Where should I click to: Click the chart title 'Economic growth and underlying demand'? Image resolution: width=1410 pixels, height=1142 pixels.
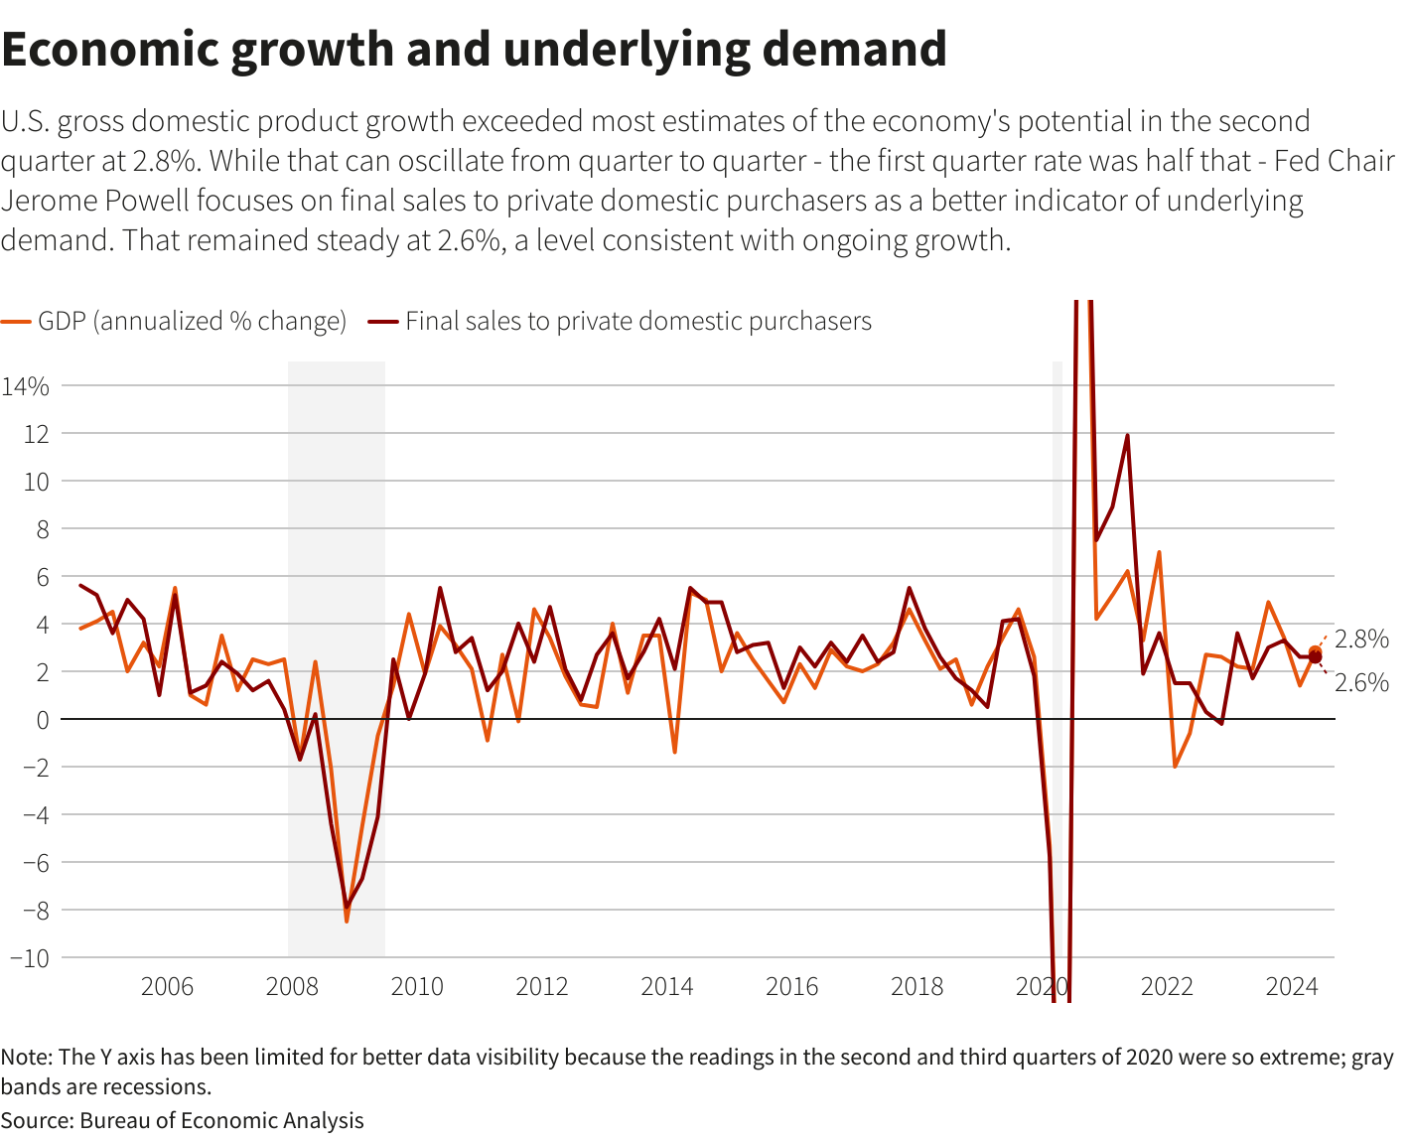coord(474,50)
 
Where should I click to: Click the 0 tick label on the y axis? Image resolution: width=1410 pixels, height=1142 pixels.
coord(42,720)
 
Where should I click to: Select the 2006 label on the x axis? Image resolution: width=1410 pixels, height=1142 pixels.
coord(167,987)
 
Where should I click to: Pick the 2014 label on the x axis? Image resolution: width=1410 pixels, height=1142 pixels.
coord(666,987)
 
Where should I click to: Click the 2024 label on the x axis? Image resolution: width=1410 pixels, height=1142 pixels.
coord(1291,987)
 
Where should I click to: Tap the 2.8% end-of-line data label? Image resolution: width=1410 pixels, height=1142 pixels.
coord(1361,640)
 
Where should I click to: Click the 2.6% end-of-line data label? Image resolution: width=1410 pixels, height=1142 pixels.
coord(1361,682)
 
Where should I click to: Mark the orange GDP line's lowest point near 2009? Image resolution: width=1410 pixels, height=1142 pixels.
coord(347,922)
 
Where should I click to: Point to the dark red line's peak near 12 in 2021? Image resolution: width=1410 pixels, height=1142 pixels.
coord(1127,435)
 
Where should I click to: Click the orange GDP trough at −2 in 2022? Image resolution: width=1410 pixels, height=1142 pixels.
coord(1175,767)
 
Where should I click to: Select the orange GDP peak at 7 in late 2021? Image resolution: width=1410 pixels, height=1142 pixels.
coord(1159,552)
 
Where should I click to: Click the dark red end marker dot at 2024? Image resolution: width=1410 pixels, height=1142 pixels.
coord(1316,657)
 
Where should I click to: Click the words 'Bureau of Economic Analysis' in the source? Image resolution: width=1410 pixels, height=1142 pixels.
coord(221,1121)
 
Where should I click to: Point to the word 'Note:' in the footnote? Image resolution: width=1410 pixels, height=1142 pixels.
coord(27,1057)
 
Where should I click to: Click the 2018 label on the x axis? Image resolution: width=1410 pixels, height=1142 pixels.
coord(916,987)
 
